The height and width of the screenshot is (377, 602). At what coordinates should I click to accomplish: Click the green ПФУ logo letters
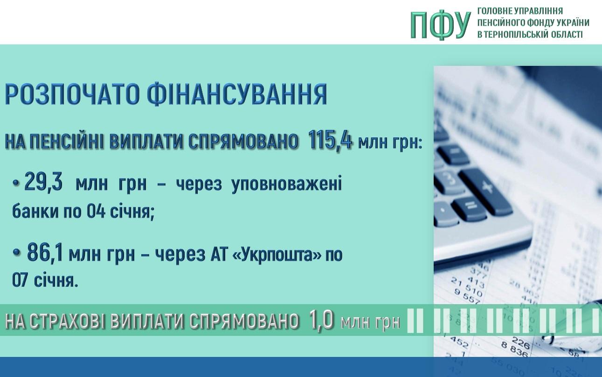click(441, 25)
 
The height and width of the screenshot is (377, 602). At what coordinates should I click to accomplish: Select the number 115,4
click(330, 140)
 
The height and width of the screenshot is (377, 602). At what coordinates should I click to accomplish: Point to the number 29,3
click(43, 182)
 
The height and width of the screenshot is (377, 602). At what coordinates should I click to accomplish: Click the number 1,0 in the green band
click(321, 320)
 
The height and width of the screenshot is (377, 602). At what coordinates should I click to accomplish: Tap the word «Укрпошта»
click(277, 254)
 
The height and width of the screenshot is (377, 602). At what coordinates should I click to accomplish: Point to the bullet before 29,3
click(17, 183)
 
